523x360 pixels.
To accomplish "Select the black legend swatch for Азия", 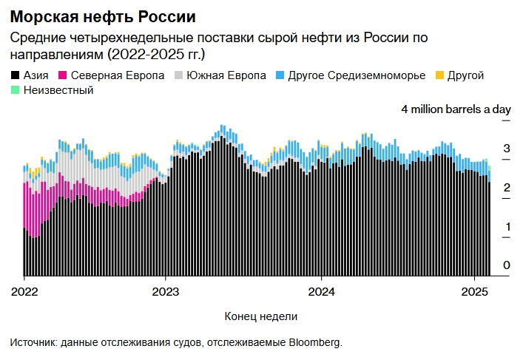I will [x=15, y=76].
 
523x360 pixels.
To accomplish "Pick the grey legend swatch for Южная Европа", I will [x=178, y=76].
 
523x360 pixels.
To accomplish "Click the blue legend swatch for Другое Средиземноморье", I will [x=281, y=76].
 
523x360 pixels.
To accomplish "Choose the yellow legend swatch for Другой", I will [x=440, y=76].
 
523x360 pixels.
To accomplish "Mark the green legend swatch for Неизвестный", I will [x=15, y=91].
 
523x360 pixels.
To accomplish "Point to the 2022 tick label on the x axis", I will [x=24, y=291].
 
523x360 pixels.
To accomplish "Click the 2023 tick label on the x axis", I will [x=165, y=291].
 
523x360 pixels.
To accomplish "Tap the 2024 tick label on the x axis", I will [x=321, y=291].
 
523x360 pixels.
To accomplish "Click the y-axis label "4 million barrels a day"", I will [x=456, y=109].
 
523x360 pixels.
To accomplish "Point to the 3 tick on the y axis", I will [x=507, y=149].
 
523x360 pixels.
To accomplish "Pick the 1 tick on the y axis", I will [x=507, y=226].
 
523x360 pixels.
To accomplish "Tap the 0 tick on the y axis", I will [x=507, y=265].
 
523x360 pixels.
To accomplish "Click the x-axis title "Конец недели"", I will [x=260, y=316].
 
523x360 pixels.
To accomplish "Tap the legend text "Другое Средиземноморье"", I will [x=357, y=75].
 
